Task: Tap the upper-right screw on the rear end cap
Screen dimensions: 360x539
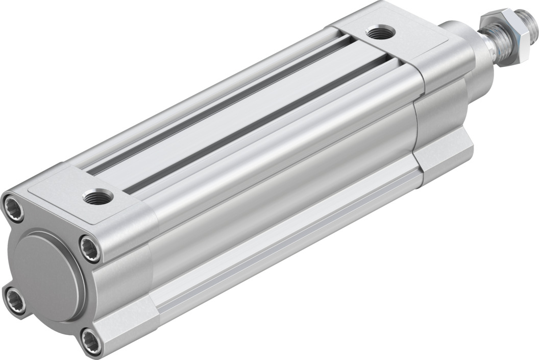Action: [x=90, y=249]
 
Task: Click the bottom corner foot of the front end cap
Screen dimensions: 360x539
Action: [x=444, y=156]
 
